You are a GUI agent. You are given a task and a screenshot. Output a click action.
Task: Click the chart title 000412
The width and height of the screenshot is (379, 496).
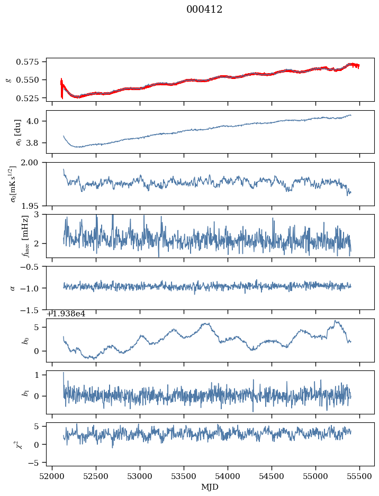[x=204, y=10]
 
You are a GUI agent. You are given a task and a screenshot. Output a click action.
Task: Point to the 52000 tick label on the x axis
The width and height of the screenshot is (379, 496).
[x=52, y=476]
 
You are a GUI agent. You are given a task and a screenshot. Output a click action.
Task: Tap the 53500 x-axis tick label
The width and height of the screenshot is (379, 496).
[x=184, y=476]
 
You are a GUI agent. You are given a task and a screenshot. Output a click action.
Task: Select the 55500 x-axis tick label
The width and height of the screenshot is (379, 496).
[x=360, y=476]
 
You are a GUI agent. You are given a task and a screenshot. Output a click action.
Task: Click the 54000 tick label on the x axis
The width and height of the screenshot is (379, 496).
[x=228, y=476]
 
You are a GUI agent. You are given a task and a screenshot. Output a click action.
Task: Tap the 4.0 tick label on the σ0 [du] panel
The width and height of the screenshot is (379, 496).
[x=36, y=121]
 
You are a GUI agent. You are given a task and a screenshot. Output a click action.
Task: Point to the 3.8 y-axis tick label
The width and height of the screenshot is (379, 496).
[x=36, y=143]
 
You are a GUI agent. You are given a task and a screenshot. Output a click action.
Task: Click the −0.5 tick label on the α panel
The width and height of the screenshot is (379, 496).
[x=32, y=267]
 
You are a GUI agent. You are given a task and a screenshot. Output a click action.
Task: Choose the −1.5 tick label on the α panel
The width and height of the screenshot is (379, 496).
[x=32, y=309]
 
